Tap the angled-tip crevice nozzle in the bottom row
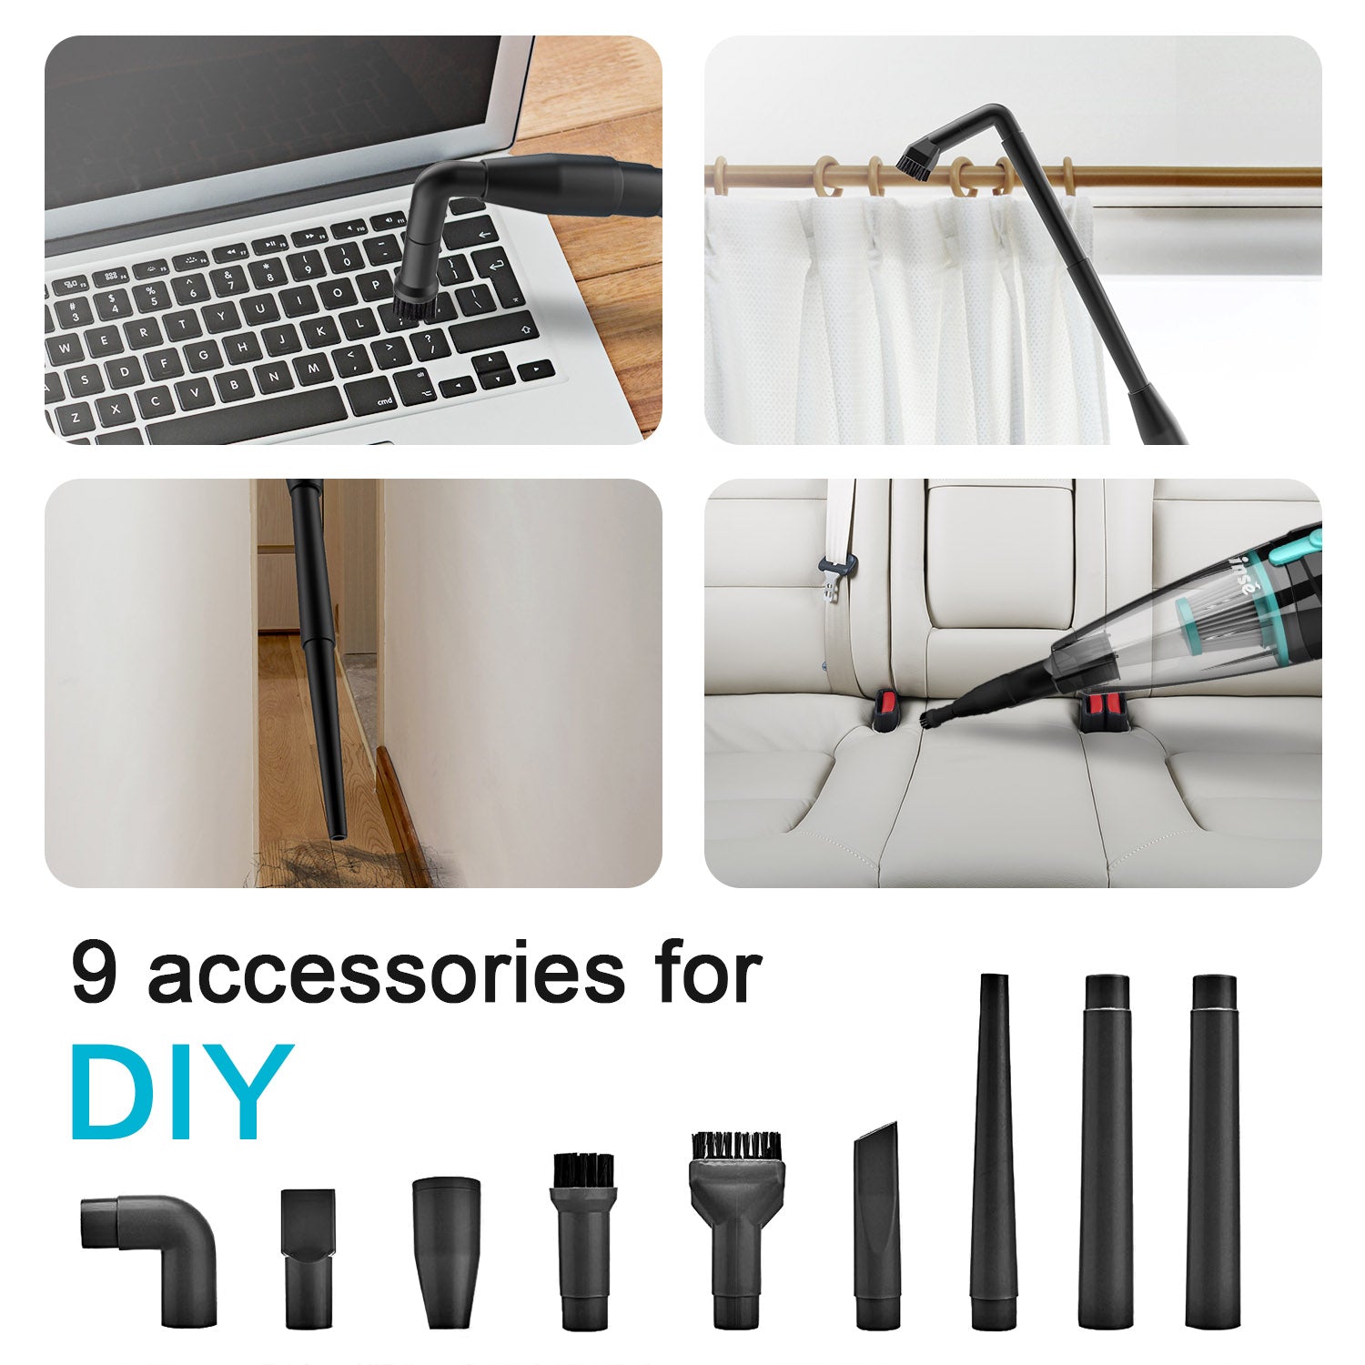click(877, 1224)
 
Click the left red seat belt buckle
click(884, 711)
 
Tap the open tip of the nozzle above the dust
click(338, 832)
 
